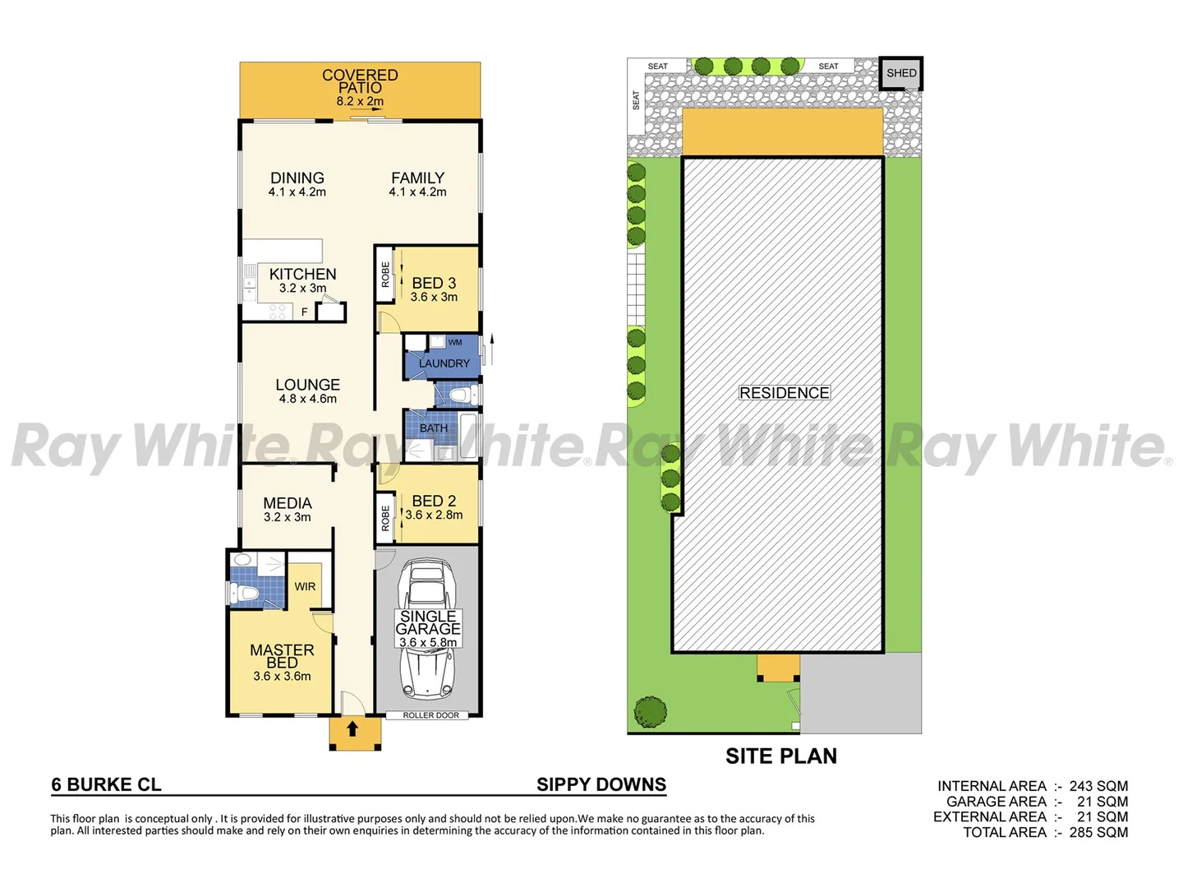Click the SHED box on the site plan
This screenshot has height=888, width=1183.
pyautogui.click(x=901, y=73)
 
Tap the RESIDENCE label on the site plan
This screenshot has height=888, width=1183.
pyautogui.click(x=785, y=393)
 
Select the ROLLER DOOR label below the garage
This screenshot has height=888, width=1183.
pyautogui.click(x=430, y=715)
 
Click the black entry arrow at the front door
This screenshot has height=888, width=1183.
pyautogui.click(x=352, y=728)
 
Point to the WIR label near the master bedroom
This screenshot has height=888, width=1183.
pyautogui.click(x=305, y=586)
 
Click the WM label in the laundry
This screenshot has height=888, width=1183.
pyautogui.click(x=455, y=342)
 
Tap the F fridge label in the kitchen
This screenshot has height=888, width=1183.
pyautogui.click(x=304, y=312)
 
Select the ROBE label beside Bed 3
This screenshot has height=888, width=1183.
pyautogui.click(x=385, y=275)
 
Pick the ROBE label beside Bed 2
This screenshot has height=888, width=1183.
pyautogui.click(x=385, y=518)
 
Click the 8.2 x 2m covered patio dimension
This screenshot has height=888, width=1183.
pyautogui.click(x=360, y=101)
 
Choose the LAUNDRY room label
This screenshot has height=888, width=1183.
pyautogui.click(x=444, y=363)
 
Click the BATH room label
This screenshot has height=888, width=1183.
pyautogui.click(x=434, y=428)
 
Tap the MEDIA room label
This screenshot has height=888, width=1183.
pyautogui.click(x=288, y=503)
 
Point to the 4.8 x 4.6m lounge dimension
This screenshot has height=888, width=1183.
pyautogui.click(x=308, y=399)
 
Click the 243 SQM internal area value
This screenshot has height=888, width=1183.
pyautogui.click(x=1098, y=786)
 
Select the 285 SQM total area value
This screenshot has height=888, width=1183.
pyautogui.click(x=1098, y=832)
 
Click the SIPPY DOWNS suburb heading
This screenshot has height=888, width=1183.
pyautogui.click(x=601, y=784)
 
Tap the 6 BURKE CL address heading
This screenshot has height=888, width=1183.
pyautogui.click(x=107, y=784)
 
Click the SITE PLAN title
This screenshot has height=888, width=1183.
pyautogui.click(x=781, y=756)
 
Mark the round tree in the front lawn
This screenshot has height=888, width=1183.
pyautogui.click(x=651, y=711)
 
